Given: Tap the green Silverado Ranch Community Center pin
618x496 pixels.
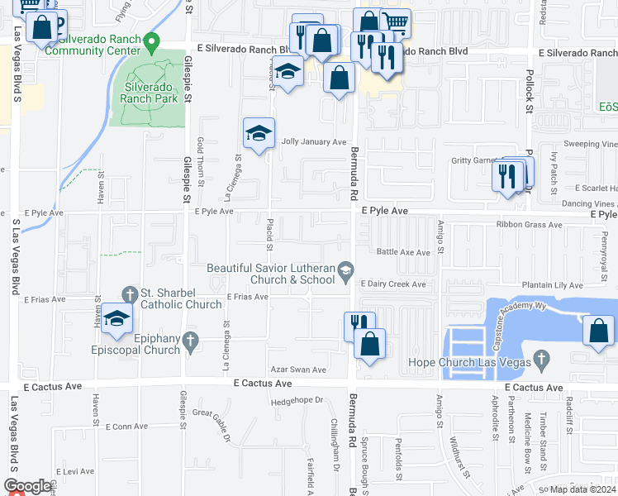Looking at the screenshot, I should (150, 41).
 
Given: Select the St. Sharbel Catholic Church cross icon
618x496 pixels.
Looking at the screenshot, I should (129, 293).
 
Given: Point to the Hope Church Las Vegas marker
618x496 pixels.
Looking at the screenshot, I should (542, 360).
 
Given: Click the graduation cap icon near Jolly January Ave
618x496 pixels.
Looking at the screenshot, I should (258, 132).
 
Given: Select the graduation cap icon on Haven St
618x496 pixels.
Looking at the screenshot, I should (117, 319).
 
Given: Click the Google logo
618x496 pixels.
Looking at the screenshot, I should (28, 487).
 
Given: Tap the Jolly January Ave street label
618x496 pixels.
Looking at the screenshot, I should (312, 142).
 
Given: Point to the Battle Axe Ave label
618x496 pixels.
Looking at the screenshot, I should (403, 252).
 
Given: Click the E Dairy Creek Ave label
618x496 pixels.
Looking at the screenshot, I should (392, 284).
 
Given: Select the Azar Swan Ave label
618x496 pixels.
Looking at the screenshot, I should (297, 370).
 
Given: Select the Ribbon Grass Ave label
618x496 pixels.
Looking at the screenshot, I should (529, 224).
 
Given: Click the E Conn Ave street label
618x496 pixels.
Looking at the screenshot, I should (126, 427).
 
